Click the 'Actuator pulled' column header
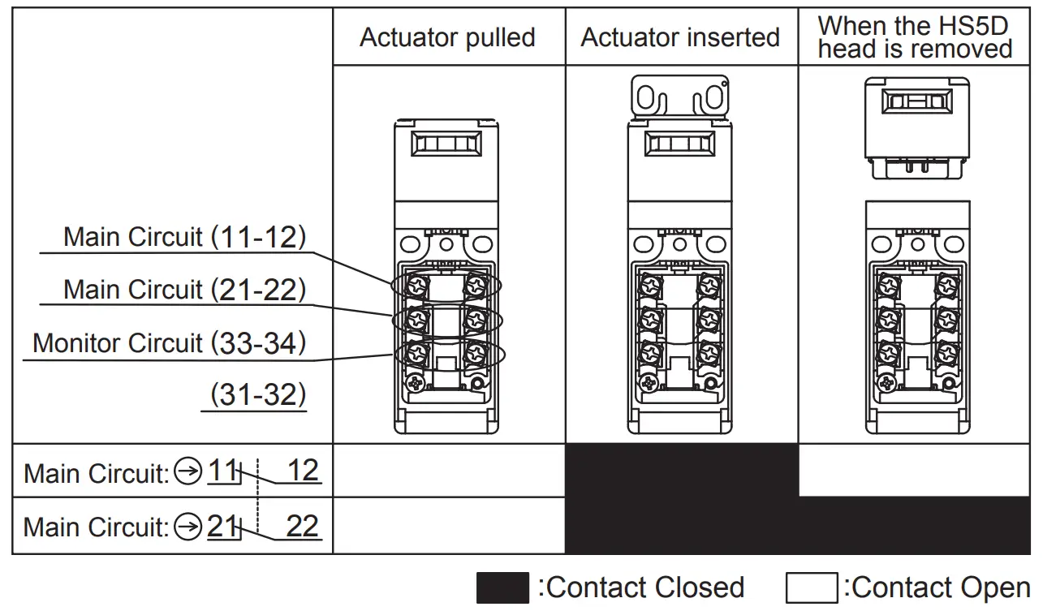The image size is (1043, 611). (447, 37)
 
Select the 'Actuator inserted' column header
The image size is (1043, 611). (680, 37)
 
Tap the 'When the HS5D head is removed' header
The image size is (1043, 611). (915, 37)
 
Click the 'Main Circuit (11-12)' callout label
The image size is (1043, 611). (184, 237)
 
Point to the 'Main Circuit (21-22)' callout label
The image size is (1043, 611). (184, 290)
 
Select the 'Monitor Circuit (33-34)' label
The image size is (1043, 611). (169, 343)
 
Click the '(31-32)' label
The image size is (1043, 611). (258, 395)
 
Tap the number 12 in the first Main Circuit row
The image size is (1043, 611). (303, 471)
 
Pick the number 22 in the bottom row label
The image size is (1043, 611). (302, 527)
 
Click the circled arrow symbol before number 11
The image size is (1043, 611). (188, 471)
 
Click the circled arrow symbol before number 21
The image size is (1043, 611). (188, 527)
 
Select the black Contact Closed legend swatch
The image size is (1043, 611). (502, 587)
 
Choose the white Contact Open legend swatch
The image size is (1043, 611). (811, 587)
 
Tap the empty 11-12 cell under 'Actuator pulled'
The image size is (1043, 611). (449, 471)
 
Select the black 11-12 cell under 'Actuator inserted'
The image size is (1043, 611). (681, 471)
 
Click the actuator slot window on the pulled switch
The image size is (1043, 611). (446, 144)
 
